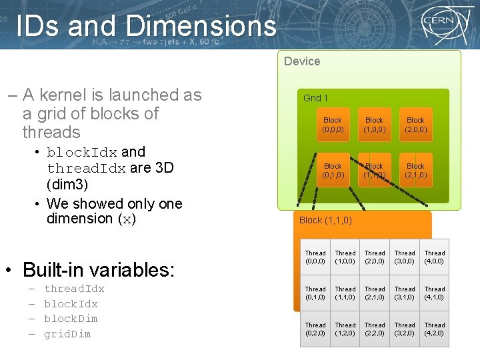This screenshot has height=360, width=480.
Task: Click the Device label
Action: coord(302,61)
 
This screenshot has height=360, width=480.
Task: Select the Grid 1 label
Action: coord(316,98)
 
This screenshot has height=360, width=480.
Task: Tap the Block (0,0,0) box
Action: coord(333,125)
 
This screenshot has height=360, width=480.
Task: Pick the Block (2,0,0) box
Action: coord(415,125)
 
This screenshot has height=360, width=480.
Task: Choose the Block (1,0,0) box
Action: coord(374,125)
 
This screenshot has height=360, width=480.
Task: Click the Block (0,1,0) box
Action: coord(333,170)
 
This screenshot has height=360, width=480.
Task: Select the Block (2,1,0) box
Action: coord(415,170)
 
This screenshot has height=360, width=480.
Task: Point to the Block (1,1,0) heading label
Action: coord(325,220)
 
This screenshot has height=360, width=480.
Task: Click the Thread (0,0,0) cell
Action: coord(315,257)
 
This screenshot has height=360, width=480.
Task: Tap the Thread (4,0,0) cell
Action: coord(435,257)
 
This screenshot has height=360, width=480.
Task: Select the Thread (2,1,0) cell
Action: coord(375,293)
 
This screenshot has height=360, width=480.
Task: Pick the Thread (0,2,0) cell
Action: coord(315,329)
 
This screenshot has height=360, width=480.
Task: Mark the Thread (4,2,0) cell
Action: coord(435,329)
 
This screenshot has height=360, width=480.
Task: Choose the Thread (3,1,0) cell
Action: coord(405,293)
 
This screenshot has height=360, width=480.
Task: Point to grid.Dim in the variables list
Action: coord(67,333)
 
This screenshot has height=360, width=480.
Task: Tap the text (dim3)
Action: coord(68,184)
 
